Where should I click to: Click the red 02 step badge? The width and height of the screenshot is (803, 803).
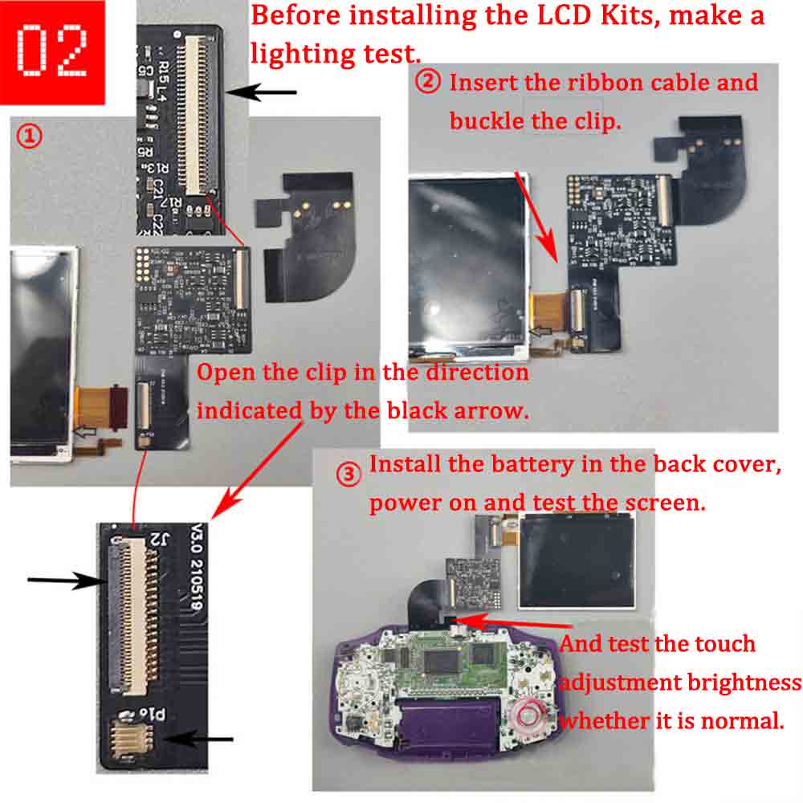pos(52,52)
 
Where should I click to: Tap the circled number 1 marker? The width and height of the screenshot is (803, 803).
pos(29,137)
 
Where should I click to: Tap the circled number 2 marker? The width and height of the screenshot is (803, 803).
pos(428,81)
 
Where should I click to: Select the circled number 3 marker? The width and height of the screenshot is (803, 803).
pos(349,475)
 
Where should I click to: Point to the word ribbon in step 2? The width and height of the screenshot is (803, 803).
pos(640,83)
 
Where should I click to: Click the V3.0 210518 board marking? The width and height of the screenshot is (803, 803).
pos(196,567)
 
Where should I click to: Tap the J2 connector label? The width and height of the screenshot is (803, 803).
pos(159,540)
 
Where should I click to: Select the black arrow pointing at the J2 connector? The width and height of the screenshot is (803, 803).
pos(67,581)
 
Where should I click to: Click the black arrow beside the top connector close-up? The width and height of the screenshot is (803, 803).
pos(261,92)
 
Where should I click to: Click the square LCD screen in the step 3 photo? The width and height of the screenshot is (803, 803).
pos(577,561)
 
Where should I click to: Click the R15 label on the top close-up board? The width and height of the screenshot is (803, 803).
pos(163,71)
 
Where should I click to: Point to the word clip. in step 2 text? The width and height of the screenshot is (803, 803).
pos(597,122)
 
